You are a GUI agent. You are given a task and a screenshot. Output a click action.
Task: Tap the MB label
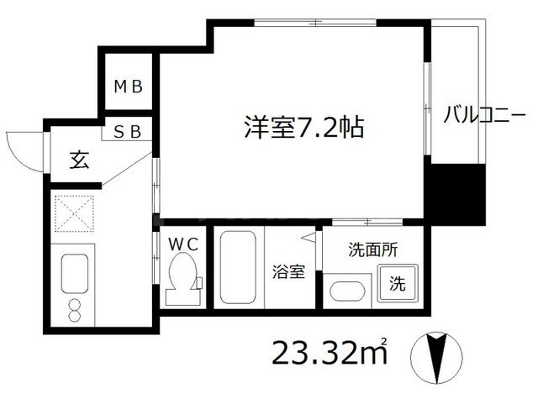pos(129,85)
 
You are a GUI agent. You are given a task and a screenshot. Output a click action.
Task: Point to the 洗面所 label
pos(373,249)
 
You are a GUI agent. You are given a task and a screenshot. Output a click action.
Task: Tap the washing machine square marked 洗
pos(396,283)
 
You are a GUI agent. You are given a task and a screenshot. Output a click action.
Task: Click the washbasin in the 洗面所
pos(346,292)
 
